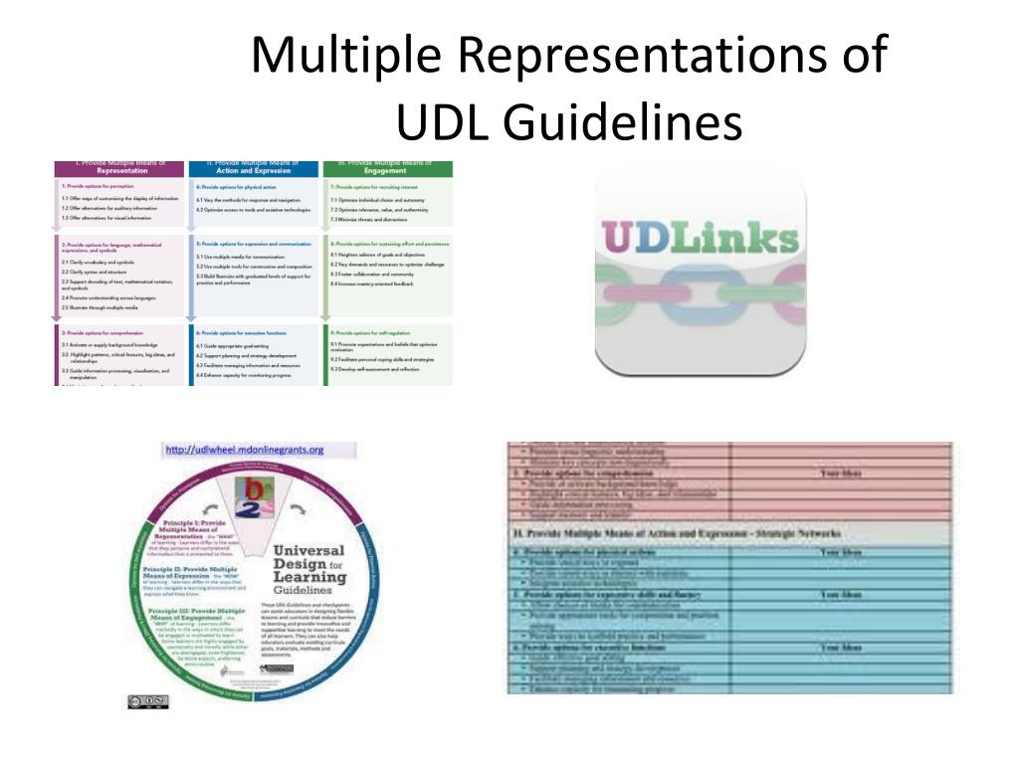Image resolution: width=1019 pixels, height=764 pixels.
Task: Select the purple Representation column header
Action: click(120, 168)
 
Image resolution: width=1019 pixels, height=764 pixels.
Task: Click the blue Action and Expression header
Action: click(253, 168)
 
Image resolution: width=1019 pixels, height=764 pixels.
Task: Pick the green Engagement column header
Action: click(385, 168)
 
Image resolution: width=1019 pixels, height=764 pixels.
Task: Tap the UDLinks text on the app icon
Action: click(701, 240)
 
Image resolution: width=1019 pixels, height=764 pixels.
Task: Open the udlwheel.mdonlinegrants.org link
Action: click(245, 450)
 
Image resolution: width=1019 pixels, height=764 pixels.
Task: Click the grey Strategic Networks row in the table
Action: click(728, 534)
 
